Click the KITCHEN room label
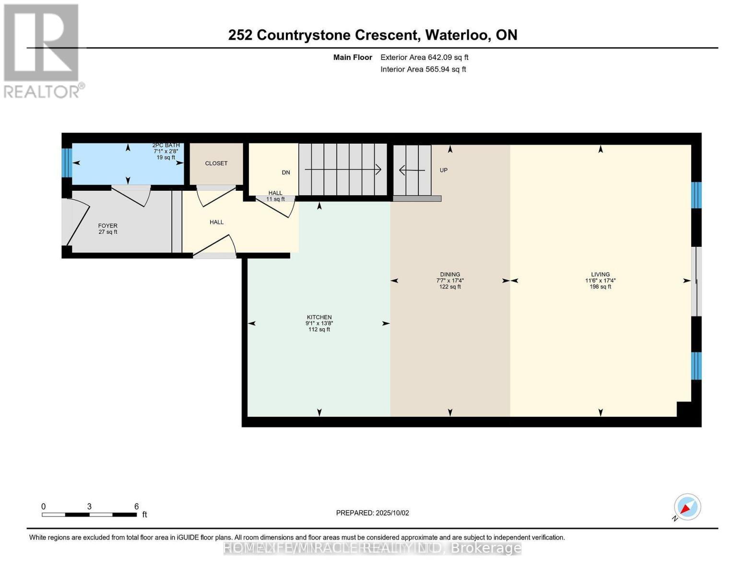click(319, 317)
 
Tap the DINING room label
click(449, 275)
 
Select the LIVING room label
click(600, 275)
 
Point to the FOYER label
click(107, 226)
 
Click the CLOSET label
click(216, 163)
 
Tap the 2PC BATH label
click(166, 145)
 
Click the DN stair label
click(286, 172)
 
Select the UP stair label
click(443, 170)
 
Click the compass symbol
click(687, 507)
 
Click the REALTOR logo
click(42, 50)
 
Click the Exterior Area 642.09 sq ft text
click(424, 57)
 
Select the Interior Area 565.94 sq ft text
click(423, 69)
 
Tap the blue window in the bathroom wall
click(67, 163)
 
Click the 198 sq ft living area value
click(600, 287)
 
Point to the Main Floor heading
click(353, 57)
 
